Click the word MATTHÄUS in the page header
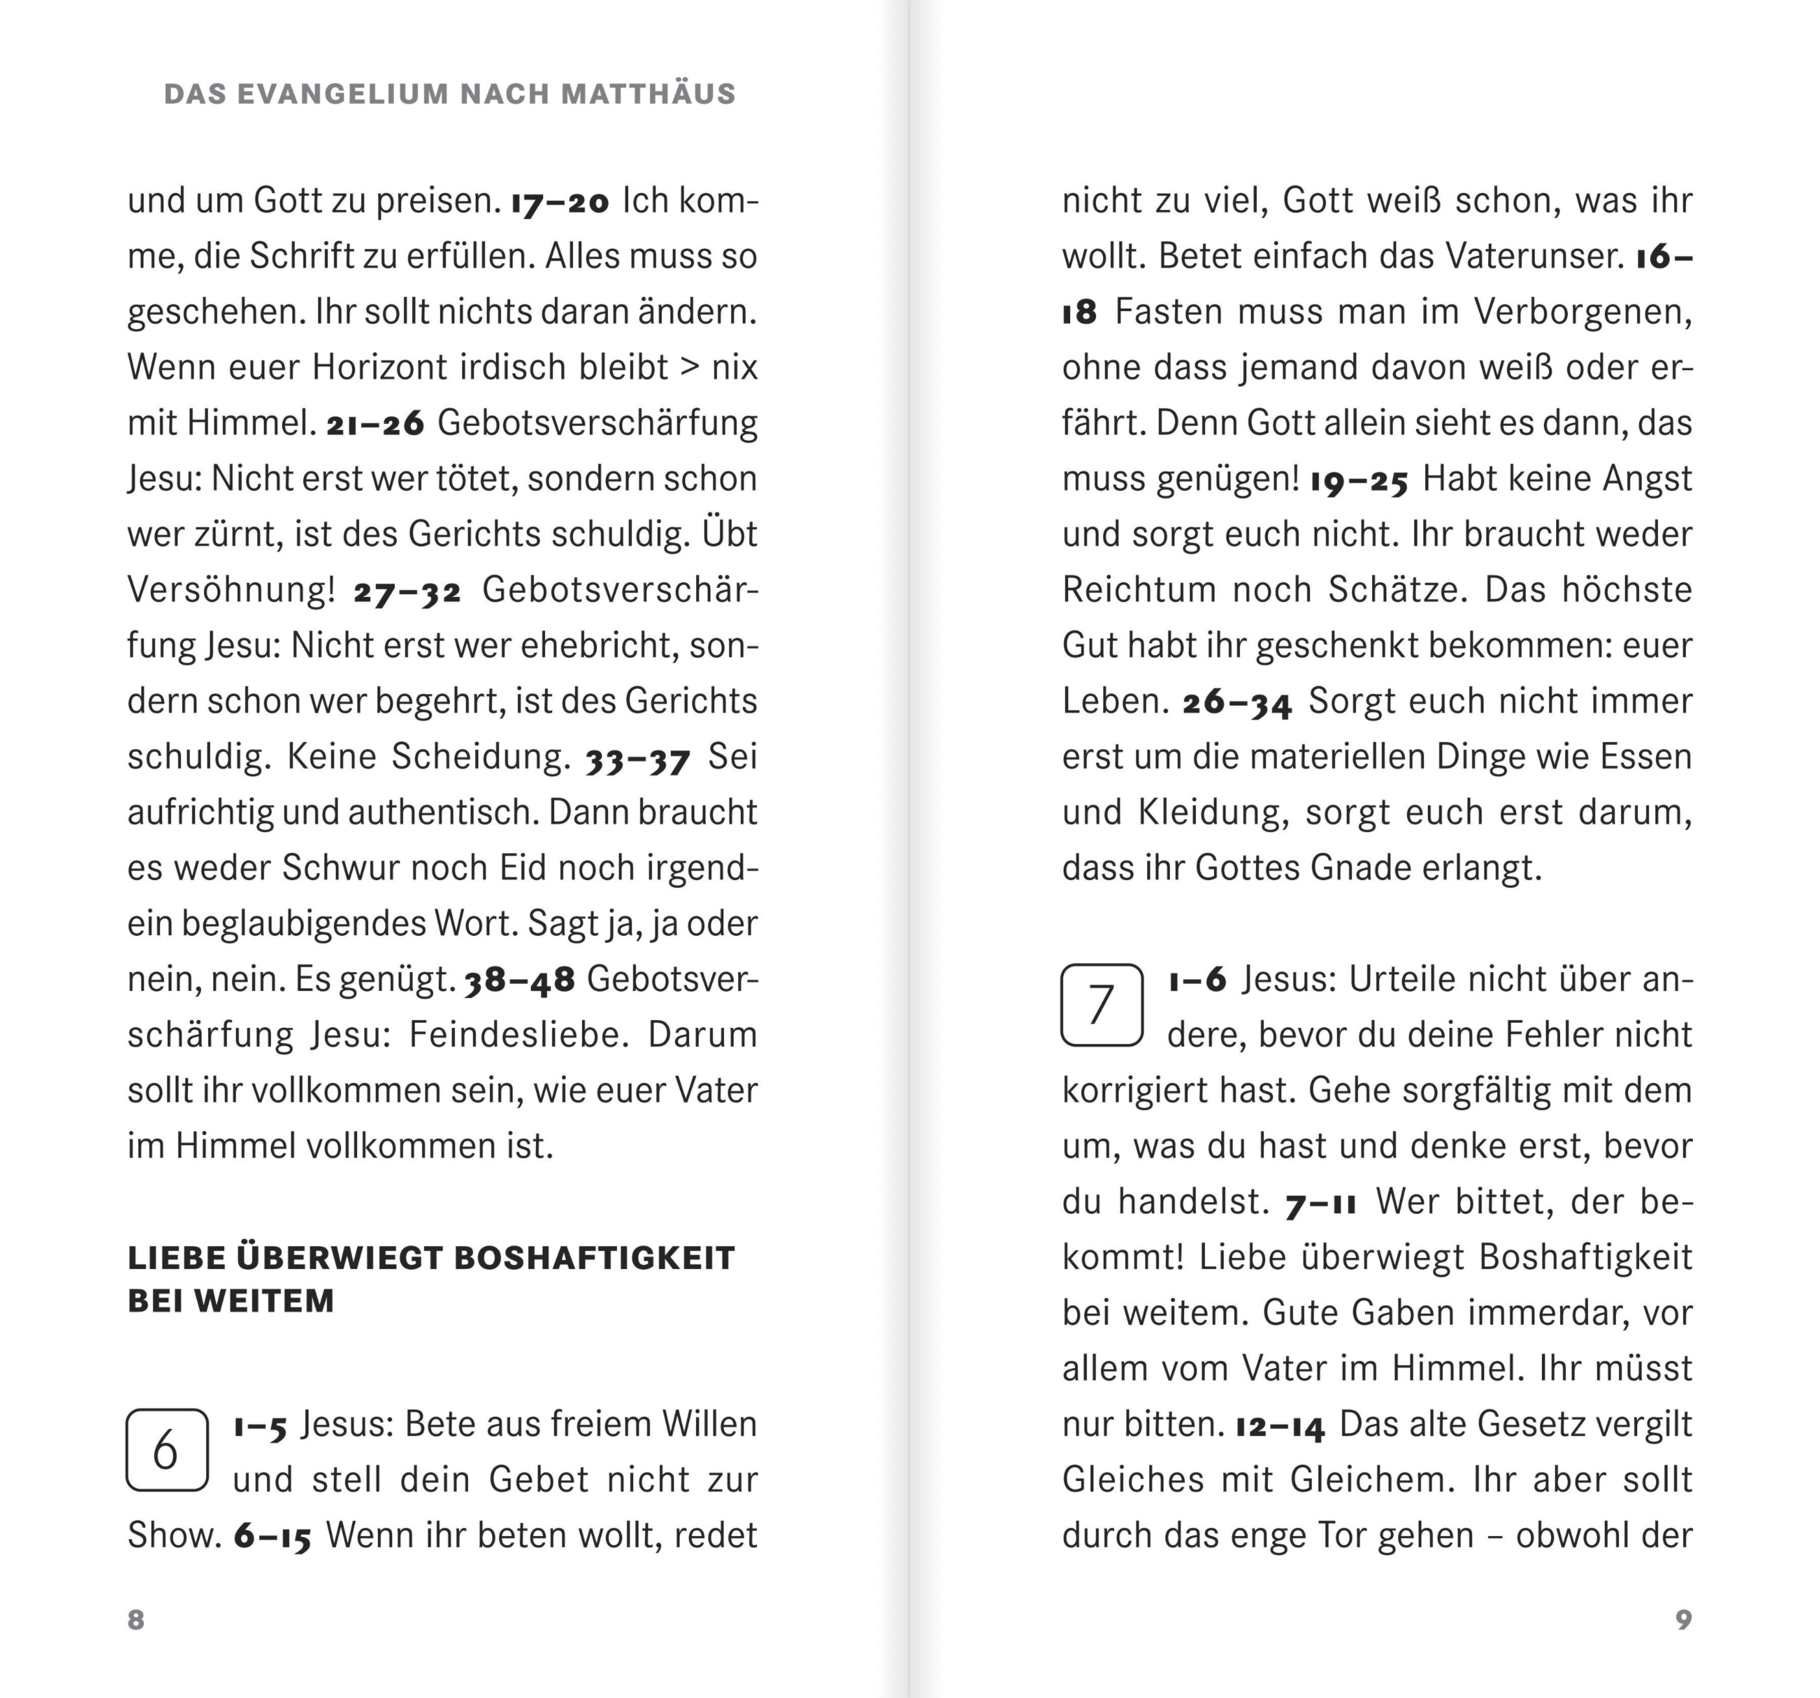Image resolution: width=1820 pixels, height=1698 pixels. click(x=648, y=94)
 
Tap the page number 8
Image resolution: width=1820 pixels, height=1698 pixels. click(x=135, y=1620)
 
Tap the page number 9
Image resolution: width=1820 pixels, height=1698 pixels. click(x=1683, y=1620)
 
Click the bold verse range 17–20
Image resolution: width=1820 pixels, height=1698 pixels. click(x=559, y=202)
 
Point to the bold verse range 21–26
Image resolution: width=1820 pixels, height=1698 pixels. click(x=375, y=424)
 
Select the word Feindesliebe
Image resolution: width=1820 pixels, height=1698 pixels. click(x=519, y=1035)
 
